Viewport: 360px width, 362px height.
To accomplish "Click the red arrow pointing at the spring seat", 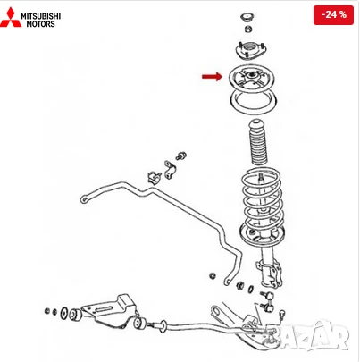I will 211,77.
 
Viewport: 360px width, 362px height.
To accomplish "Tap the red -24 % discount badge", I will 334,15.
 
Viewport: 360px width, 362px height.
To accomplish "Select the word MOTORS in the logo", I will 41,24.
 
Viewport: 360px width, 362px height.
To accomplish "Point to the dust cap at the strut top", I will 247,19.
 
